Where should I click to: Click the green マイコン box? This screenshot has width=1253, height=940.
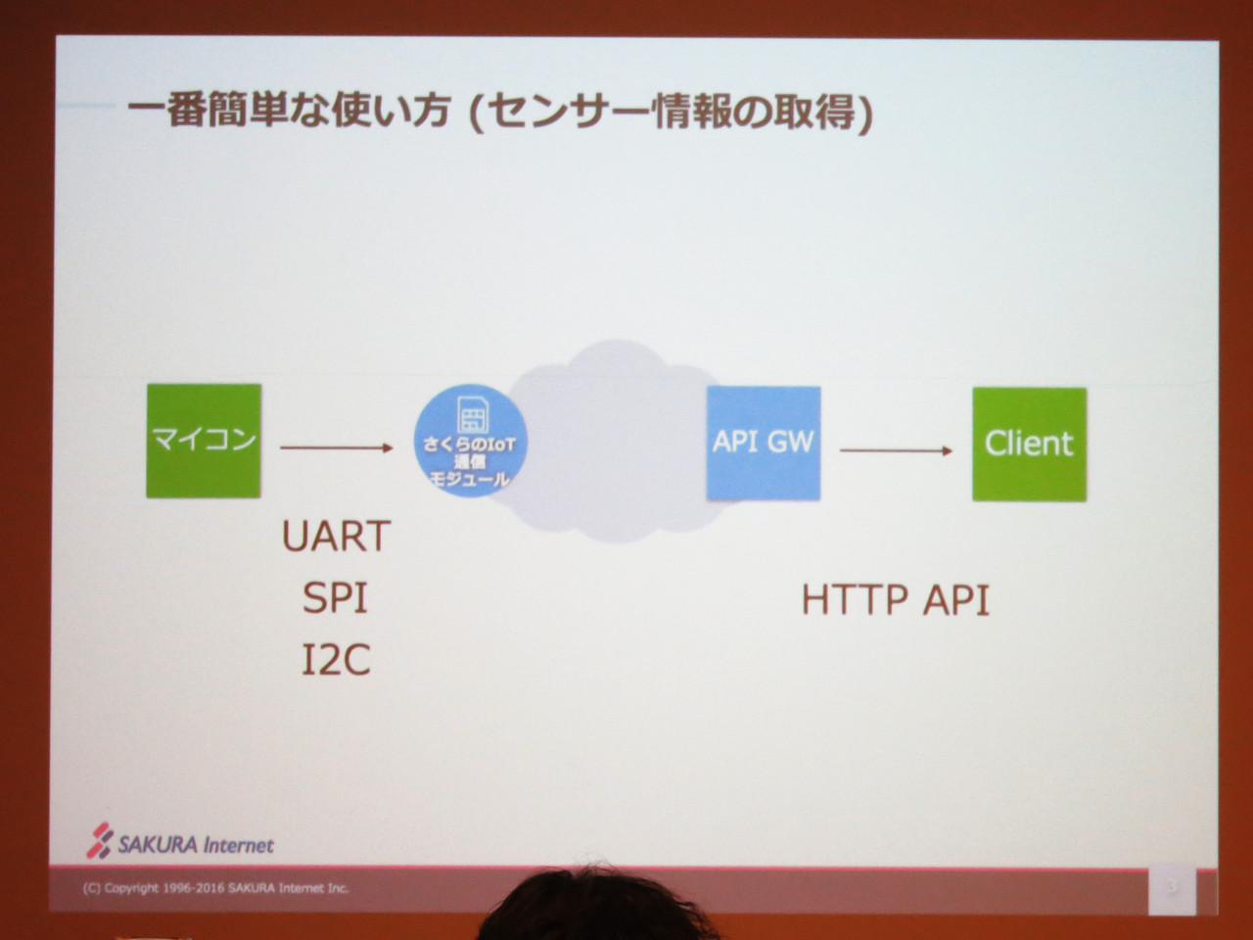(x=204, y=441)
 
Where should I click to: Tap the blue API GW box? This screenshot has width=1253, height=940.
(x=764, y=444)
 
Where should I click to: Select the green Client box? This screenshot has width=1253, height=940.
(x=1030, y=445)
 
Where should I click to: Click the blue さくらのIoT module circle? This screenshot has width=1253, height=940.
(x=471, y=441)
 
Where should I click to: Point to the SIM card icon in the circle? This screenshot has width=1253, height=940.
(x=473, y=414)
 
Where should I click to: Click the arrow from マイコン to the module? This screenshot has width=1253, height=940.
(x=337, y=448)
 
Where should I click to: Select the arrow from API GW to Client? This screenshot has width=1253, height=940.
(x=897, y=450)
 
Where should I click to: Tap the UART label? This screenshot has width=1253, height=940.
(x=336, y=537)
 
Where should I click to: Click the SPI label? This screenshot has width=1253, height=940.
(x=335, y=598)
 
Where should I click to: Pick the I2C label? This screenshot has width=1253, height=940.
(x=336, y=660)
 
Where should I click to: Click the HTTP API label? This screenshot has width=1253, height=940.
(x=895, y=600)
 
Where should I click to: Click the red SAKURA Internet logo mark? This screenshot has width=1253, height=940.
(x=100, y=840)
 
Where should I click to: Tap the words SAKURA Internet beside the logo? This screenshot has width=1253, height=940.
(x=196, y=845)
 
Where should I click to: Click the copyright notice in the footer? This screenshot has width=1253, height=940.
(x=215, y=888)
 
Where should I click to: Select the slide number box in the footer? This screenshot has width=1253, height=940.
(x=1172, y=890)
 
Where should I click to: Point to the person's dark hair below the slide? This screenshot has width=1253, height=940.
(x=596, y=908)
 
